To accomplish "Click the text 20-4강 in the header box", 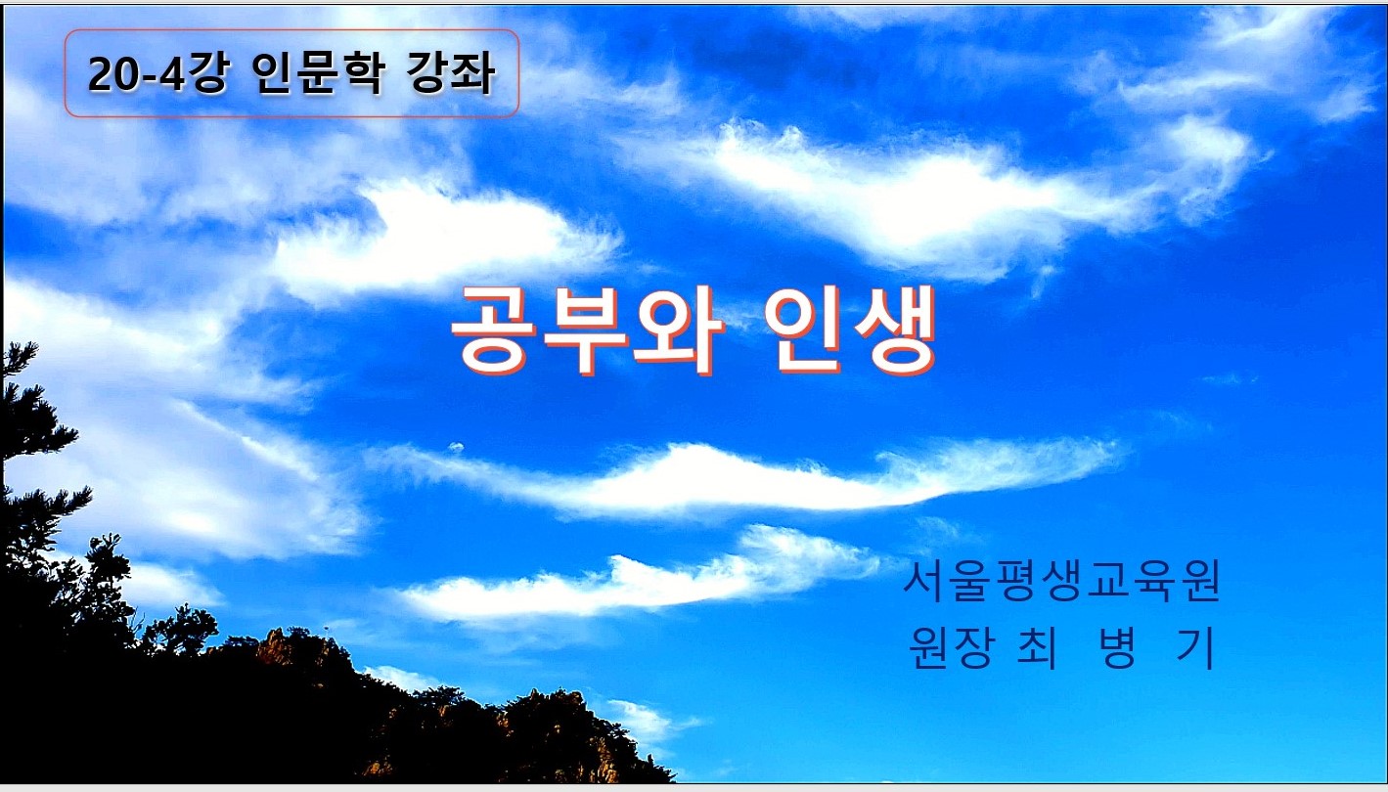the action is pos(158,73).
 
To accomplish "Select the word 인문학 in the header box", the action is pos(319,73).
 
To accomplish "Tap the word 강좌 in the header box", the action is pos(452,73).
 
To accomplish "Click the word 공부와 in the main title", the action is pos(587,330).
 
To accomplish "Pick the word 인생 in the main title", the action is pos(850,330).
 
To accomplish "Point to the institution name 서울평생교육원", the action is pos(1061,581).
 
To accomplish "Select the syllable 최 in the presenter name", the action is pos(1038,647).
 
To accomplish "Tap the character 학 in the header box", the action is pos(363,73).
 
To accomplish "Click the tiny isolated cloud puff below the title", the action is pos(456,447).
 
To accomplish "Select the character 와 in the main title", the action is pos(679,330).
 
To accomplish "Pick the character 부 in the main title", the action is pos(586,330).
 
